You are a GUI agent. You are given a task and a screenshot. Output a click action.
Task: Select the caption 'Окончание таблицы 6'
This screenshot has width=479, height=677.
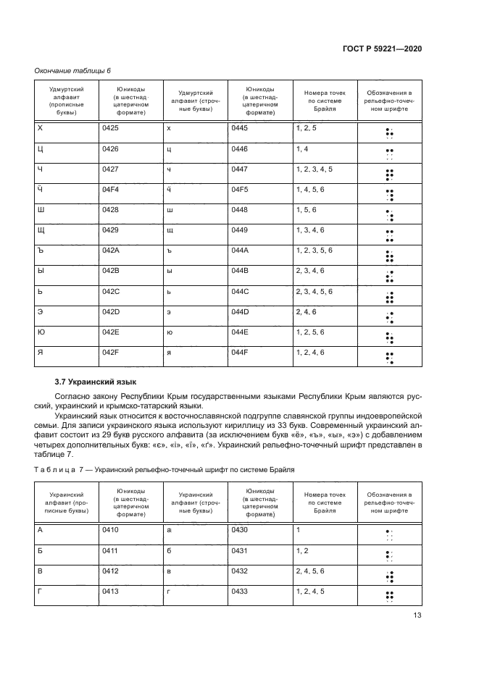(72, 70)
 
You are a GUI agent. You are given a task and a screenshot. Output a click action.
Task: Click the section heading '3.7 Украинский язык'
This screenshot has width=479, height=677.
(95, 382)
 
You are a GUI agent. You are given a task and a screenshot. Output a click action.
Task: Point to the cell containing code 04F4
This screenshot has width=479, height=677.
(111, 190)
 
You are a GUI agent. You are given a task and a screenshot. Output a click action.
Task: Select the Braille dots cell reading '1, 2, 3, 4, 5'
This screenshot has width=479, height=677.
(315, 169)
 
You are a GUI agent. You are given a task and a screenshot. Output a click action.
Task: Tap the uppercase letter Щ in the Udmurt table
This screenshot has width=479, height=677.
(41, 230)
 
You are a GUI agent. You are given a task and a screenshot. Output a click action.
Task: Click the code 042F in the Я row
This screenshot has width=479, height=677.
(110, 352)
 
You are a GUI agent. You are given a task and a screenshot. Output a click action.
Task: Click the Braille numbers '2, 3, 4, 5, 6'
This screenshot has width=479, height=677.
(315, 291)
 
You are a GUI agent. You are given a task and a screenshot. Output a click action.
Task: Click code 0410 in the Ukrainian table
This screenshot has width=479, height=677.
(110, 530)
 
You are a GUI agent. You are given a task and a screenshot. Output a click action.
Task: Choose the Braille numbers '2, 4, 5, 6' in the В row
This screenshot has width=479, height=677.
(309, 571)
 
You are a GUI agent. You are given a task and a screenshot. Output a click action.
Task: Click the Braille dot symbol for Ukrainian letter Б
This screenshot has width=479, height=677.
(389, 556)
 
